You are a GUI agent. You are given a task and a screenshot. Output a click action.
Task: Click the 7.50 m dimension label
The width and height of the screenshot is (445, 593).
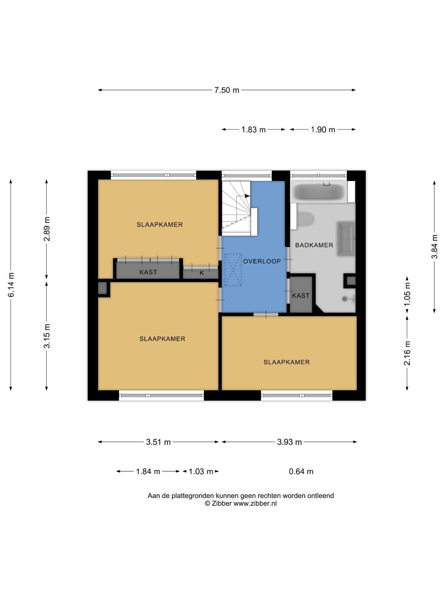(227, 90)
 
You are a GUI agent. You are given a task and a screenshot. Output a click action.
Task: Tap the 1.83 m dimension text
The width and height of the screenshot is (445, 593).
(253, 130)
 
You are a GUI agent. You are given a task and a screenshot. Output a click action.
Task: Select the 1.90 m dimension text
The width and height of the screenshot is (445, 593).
(323, 130)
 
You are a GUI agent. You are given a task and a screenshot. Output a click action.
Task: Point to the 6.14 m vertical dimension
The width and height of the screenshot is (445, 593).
(11, 285)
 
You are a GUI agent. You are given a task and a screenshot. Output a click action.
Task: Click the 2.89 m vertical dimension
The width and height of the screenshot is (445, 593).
(47, 229)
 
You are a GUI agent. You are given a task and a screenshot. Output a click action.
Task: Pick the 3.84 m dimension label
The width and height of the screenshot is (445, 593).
(434, 247)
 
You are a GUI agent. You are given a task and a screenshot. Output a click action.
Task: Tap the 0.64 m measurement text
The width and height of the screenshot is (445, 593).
(301, 472)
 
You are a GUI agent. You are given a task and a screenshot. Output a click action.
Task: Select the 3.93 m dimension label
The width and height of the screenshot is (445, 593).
(289, 442)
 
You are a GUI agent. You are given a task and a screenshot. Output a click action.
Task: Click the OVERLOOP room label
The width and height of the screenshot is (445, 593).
(262, 261)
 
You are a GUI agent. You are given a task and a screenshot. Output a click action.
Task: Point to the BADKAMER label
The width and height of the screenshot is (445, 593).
(314, 245)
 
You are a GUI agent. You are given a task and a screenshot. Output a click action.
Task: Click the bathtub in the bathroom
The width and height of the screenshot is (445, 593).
(319, 192)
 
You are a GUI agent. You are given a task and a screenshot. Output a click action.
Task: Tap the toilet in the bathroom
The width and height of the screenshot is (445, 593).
(305, 219)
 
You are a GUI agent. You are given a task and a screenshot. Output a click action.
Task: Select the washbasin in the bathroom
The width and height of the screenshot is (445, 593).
(346, 239)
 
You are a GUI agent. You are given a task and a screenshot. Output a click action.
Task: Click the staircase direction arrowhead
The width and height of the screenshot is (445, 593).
(247, 196)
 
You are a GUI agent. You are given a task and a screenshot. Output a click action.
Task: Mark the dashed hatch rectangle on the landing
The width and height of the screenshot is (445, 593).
(233, 270)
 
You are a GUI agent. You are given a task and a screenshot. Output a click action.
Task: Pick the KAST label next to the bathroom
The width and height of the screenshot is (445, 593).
(301, 296)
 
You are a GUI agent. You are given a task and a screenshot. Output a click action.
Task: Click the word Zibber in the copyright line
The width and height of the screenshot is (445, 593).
(222, 503)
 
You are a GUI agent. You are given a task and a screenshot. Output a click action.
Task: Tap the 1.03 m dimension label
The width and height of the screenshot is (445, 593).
(201, 472)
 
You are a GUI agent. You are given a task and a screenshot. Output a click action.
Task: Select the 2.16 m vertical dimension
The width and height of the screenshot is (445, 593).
(407, 353)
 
